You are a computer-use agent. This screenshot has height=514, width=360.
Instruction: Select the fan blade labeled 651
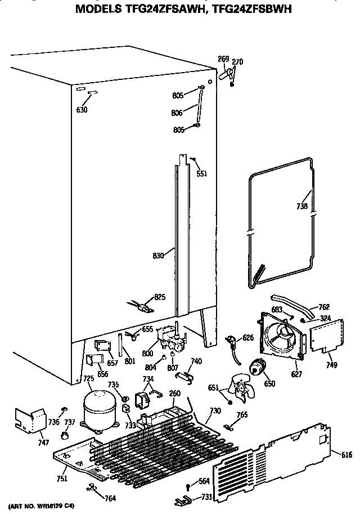point(236,390)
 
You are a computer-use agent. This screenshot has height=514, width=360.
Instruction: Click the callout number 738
point(302,206)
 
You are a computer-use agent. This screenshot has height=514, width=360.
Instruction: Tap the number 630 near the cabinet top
point(82,110)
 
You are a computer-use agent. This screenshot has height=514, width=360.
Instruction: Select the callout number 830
point(158,256)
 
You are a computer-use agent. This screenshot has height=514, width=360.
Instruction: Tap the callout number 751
point(62,479)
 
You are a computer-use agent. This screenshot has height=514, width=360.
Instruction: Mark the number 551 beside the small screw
point(201,173)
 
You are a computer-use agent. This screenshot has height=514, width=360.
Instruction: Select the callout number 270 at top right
point(237,62)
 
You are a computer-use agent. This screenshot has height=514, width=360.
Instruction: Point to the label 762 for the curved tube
point(323,307)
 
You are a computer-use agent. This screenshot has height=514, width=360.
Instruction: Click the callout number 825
point(160,297)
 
